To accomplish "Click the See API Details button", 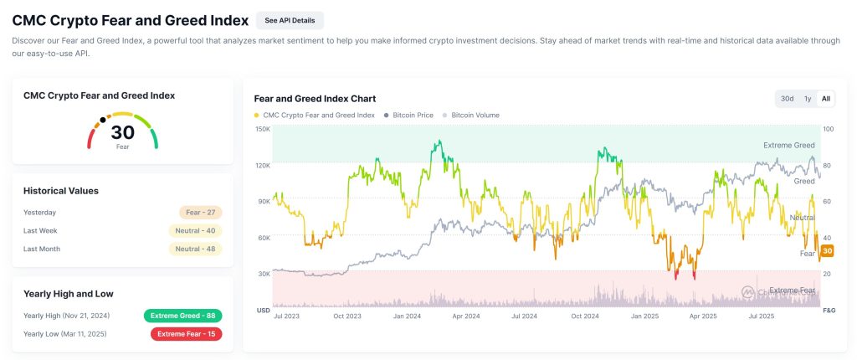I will pyautogui.click(x=290, y=20).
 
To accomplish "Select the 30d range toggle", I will pyautogui.click(x=787, y=99).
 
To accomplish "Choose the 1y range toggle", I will pyautogui.click(x=807, y=99).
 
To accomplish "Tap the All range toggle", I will pyautogui.click(x=826, y=99).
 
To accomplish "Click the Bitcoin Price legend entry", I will pyautogui.click(x=408, y=115).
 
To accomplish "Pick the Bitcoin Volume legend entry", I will pyautogui.click(x=475, y=115).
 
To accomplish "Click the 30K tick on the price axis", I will pyautogui.click(x=263, y=274).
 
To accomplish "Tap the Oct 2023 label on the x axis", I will pyautogui.click(x=346, y=316).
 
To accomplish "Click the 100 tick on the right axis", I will pyautogui.click(x=829, y=129).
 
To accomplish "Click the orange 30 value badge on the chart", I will pyautogui.click(x=828, y=251).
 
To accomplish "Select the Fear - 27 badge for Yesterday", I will pyautogui.click(x=200, y=213).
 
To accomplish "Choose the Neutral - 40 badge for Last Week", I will pyautogui.click(x=195, y=230).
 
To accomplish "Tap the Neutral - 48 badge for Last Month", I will pyautogui.click(x=195, y=249).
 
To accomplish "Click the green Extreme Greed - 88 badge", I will pyautogui.click(x=182, y=316).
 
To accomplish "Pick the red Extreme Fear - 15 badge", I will pyautogui.click(x=186, y=334).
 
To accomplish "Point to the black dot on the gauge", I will pyautogui.click(x=103, y=120).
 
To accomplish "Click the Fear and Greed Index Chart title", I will pyautogui.click(x=315, y=99).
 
